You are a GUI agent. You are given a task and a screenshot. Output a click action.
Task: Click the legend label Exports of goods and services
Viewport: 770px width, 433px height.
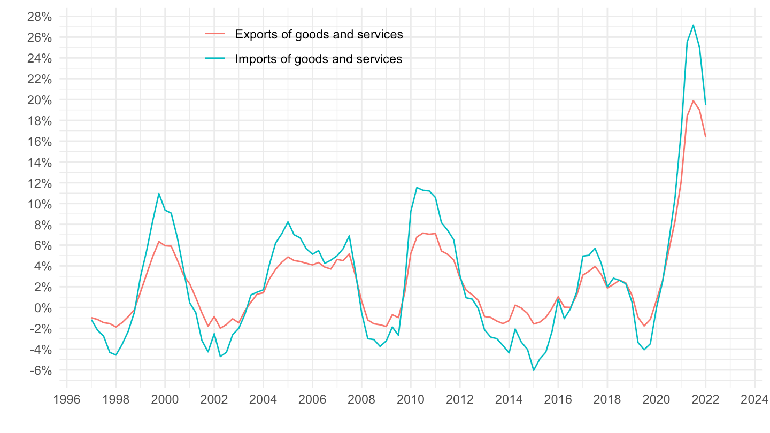[x=319, y=35]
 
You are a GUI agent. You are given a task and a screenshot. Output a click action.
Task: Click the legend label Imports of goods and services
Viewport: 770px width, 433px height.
[x=319, y=59]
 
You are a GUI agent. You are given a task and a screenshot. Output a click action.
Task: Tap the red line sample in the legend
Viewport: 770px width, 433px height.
[x=215, y=35]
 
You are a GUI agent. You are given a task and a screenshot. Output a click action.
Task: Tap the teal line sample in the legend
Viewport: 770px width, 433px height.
[x=215, y=59]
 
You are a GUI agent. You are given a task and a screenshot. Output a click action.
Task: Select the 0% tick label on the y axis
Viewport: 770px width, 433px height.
[x=43, y=308]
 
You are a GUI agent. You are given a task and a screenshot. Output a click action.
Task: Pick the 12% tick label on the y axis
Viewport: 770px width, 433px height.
[x=40, y=183]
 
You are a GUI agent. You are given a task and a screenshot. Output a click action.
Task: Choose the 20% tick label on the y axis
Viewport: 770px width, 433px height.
[x=40, y=100]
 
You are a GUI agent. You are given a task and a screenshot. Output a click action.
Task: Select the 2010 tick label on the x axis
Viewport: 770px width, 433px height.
[x=411, y=399]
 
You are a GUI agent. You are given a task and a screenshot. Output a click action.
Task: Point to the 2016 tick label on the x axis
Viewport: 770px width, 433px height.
[x=558, y=399]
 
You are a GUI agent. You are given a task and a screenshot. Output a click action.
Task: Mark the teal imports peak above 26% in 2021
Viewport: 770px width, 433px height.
[x=693, y=25]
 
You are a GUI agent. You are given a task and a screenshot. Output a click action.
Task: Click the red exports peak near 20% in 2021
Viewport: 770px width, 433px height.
[x=693, y=100]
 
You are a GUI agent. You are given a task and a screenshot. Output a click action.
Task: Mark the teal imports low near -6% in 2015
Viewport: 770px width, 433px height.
[x=533, y=370]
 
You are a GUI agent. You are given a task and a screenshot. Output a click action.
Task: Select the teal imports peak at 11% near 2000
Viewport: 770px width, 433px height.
[x=159, y=194]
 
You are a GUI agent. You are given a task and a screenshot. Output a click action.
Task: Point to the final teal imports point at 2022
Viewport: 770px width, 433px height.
[x=705, y=104]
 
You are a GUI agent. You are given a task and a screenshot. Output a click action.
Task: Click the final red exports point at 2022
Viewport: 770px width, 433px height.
[x=705, y=136]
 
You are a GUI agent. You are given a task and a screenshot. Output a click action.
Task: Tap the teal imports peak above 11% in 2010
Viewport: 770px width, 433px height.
[x=417, y=188]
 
